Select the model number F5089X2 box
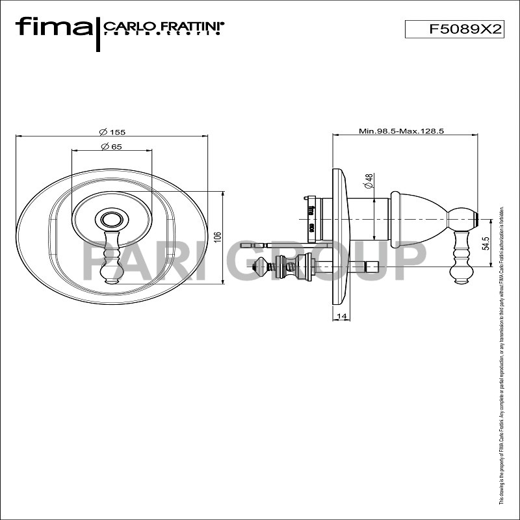pos(455,29)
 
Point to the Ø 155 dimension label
pos(113,131)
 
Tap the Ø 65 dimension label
pos(112,146)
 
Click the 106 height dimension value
pos(218,237)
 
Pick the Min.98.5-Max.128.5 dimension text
pos(401,131)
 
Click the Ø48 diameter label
pos(368,181)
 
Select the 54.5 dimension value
pos(486,244)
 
